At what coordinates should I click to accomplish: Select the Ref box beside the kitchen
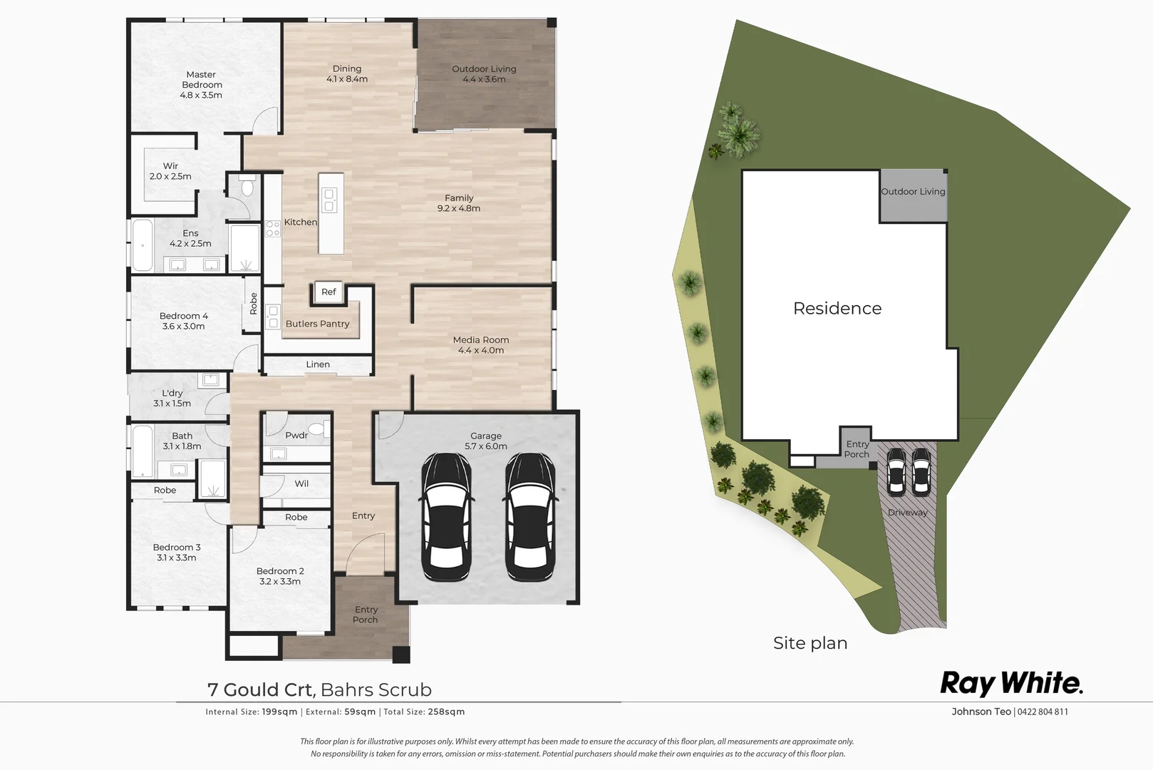click(x=329, y=292)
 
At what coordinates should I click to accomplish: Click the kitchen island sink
click(x=329, y=200)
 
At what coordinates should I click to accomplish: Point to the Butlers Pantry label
click(x=317, y=324)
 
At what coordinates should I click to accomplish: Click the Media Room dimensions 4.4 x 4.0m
click(x=481, y=350)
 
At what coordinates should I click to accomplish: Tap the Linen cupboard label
click(x=318, y=364)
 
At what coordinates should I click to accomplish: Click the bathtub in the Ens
click(x=143, y=245)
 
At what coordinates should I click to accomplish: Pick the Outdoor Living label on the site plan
click(x=913, y=192)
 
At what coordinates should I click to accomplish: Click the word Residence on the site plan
click(x=837, y=309)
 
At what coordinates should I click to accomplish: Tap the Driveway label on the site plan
click(x=907, y=513)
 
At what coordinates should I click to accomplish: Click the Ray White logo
click(x=1011, y=683)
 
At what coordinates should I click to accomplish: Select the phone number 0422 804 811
click(x=1043, y=712)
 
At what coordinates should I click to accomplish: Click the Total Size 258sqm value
click(x=446, y=712)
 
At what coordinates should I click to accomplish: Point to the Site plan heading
click(x=810, y=643)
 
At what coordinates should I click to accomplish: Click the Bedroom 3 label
click(x=177, y=548)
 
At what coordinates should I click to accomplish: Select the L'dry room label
click(x=172, y=393)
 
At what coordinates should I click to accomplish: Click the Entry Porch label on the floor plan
click(x=366, y=615)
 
